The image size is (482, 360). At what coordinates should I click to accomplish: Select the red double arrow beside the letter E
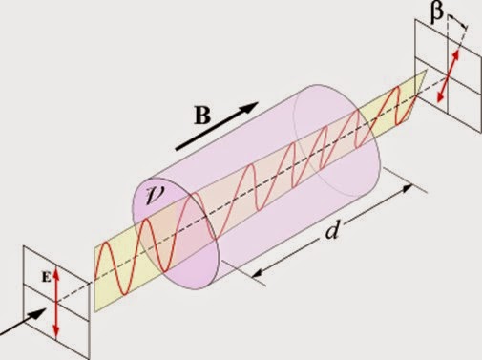(x=56, y=302)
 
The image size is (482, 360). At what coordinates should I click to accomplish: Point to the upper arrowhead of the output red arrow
(x=455, y=52)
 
